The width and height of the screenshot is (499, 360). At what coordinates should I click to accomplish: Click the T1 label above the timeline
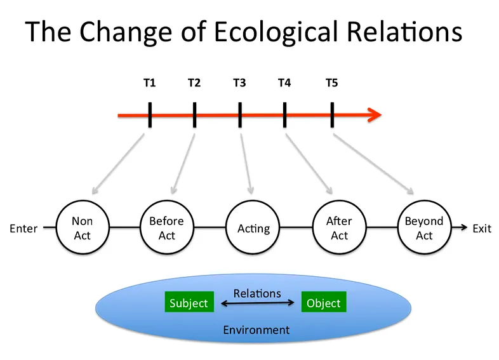tap(150, 83)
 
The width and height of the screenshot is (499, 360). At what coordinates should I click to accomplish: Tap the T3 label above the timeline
tap(239, 83)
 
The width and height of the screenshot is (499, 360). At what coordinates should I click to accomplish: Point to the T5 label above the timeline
tap(332, 83)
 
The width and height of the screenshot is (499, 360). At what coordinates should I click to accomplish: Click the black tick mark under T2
tap(194, 116)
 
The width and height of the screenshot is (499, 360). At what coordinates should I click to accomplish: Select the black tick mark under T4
tap(284, 116)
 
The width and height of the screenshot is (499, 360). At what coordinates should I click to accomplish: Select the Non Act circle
tap(82, 228)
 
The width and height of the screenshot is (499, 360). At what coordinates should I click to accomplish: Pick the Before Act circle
tap(166, 228)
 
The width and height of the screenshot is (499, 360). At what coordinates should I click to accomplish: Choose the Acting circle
tap(253, 228)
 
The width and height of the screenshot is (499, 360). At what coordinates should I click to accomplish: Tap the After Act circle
tap(339, 228)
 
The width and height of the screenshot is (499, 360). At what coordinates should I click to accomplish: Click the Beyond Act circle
tap(424, 228)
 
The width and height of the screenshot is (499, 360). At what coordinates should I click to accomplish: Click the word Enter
tap(23, 229)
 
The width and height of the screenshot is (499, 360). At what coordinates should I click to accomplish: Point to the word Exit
tap(482, 229)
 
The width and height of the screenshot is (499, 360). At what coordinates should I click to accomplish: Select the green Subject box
tap(189, 303)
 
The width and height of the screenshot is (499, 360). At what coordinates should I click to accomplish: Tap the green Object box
tap(323, 303)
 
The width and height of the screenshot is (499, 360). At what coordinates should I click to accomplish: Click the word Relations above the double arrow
tap(257, 293)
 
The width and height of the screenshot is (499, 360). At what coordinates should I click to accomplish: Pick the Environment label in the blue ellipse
tap(256, 330)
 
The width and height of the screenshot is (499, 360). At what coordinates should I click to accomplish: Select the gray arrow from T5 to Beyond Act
tap(373, 161)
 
